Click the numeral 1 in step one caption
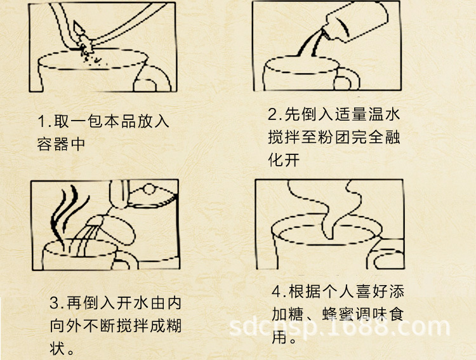coord(42,121)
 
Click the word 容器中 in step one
coord(61,144)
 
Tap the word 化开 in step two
coord(284,159)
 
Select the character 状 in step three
coord(58,348)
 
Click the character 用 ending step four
coord(280,337)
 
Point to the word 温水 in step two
coord(384,114)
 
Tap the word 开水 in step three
coord(133,303)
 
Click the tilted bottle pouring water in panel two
coord(356,22)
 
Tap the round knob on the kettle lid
coord(149,189)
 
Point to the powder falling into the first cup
coord(91,57)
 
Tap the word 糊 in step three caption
coord(175,326)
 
